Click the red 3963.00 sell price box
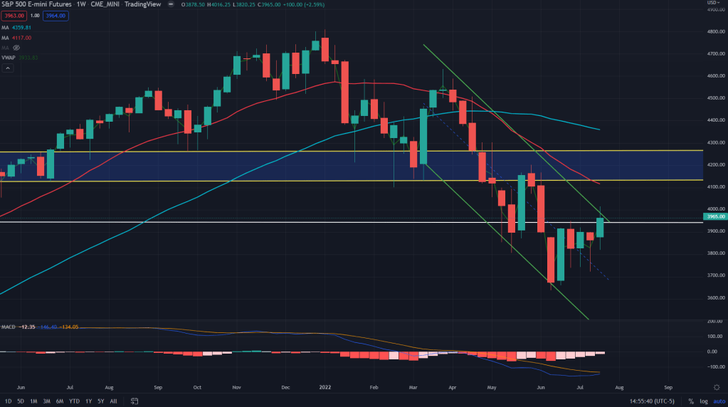point(15,16)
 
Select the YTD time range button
point(74,401)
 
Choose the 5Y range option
point(100,401)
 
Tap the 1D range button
point(7,401)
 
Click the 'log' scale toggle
point(702,401)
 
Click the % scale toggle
point(690,401)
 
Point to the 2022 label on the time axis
point(324,388)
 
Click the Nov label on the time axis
point(237,388)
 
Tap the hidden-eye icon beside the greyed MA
point(16,48)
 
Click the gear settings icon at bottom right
point(715,388)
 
